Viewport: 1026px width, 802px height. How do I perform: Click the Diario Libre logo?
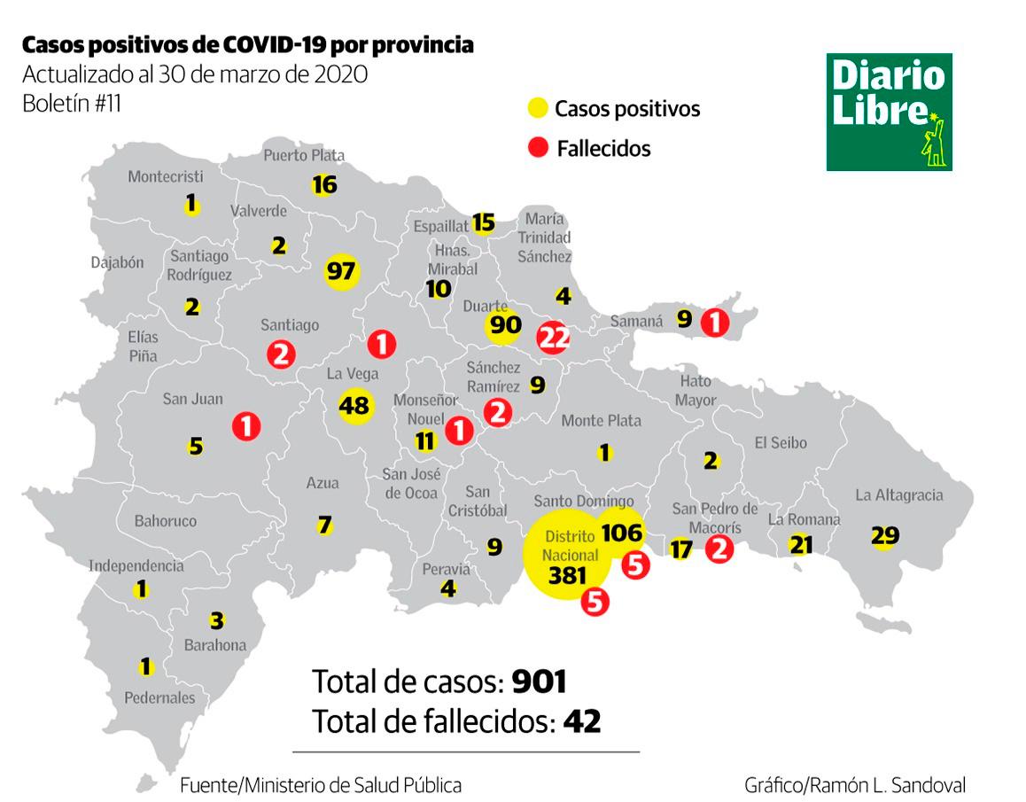point(889,112)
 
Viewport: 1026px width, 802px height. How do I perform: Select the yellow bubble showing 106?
point(620,532)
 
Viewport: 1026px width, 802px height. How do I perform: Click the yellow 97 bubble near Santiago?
point(341,270)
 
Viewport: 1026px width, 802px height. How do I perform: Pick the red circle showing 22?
point(553,337)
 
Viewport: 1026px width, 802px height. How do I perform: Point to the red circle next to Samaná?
point(714,323)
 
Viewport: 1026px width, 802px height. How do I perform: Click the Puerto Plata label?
point(304,156)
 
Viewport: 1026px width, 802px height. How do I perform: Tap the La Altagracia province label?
point(899,494)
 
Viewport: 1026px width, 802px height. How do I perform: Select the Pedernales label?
point(159,697)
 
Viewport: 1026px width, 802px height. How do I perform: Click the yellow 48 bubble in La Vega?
point(354,406)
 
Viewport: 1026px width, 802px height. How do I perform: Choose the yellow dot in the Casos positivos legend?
point(537,109)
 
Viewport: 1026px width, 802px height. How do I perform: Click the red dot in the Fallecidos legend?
point(537,148)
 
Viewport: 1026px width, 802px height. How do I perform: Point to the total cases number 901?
point(539,681)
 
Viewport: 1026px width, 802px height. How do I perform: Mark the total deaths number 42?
point(582,720)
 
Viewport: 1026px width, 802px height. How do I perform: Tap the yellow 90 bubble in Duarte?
point(505,324)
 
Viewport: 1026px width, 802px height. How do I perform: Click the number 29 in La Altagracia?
point(884,535)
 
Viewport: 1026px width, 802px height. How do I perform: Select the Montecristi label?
point(166,176)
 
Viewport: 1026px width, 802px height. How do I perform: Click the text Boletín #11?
point(72,103)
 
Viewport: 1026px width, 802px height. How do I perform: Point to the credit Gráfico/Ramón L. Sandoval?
point(855,784)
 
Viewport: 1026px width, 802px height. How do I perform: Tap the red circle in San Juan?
point(246,426)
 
